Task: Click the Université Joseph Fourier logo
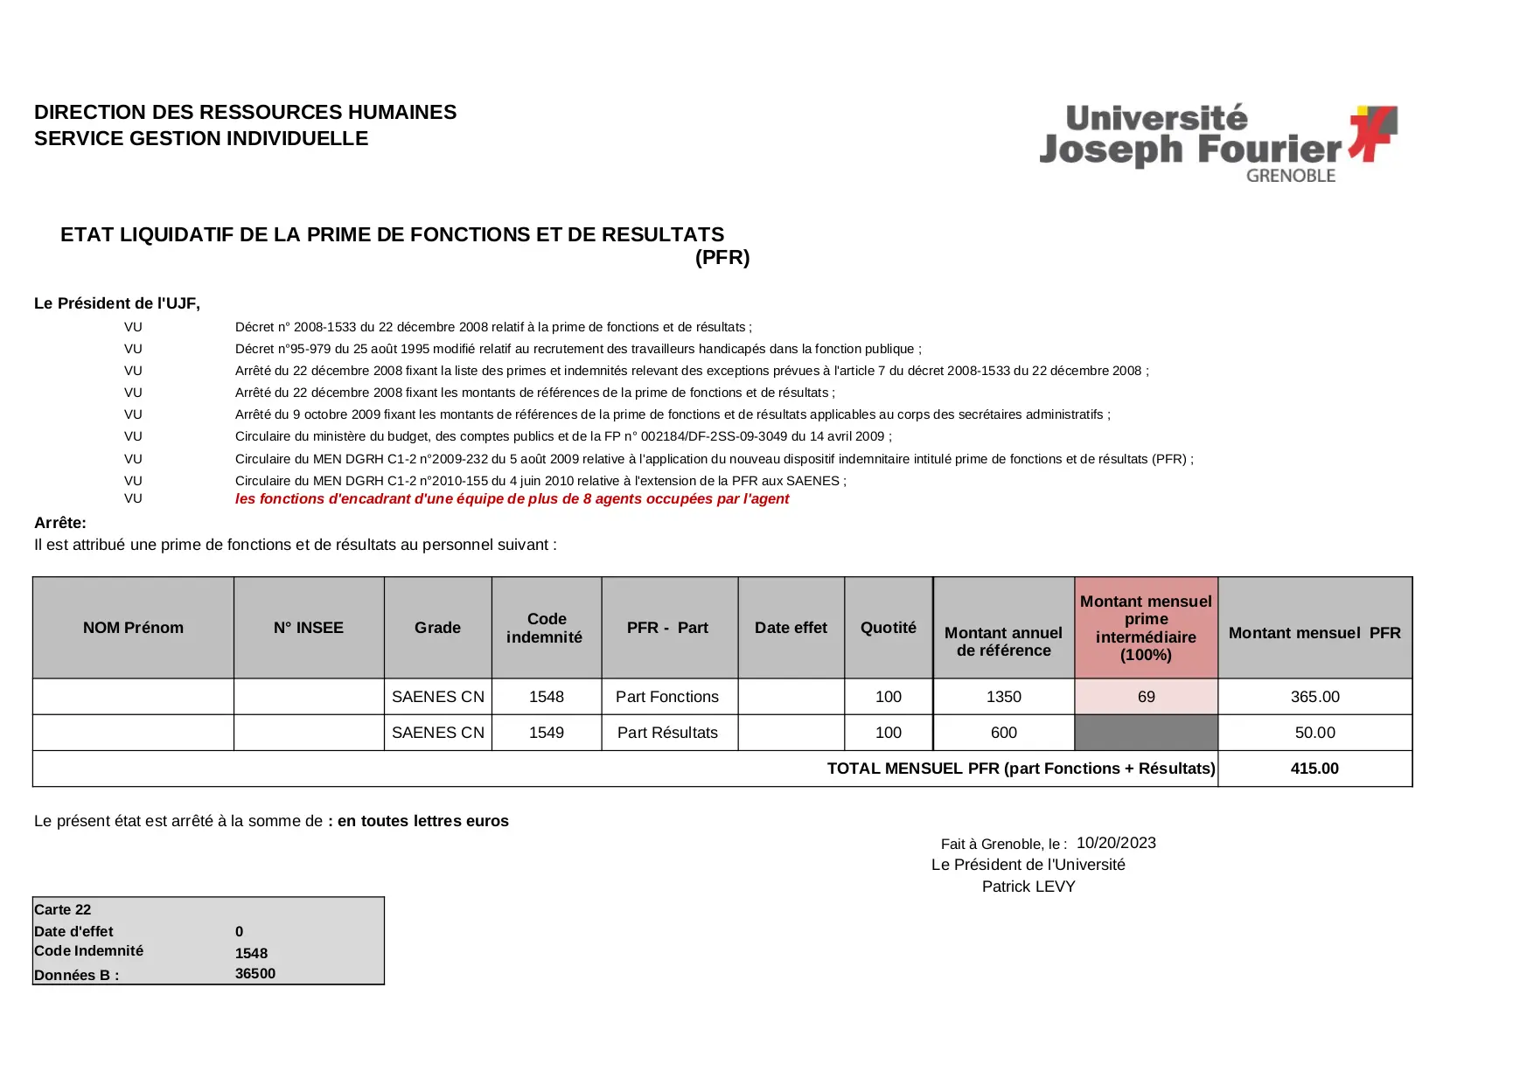1217,143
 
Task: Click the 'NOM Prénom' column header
133,628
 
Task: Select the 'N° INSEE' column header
309,628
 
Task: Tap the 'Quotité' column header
888,628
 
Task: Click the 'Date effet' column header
791,628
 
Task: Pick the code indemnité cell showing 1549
546,733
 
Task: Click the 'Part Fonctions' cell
666,697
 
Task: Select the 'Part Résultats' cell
667,733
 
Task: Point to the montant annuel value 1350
1003,697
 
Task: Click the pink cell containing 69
1146,697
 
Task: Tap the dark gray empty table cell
1146,733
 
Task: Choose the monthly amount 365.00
1314,697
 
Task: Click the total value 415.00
1314,769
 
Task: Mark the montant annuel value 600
1003,733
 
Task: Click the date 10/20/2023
1116,843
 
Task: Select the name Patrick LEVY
1028,887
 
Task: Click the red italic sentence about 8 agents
512,499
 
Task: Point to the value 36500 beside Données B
255,974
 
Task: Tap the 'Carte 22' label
62,909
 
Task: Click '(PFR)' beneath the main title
722,257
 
